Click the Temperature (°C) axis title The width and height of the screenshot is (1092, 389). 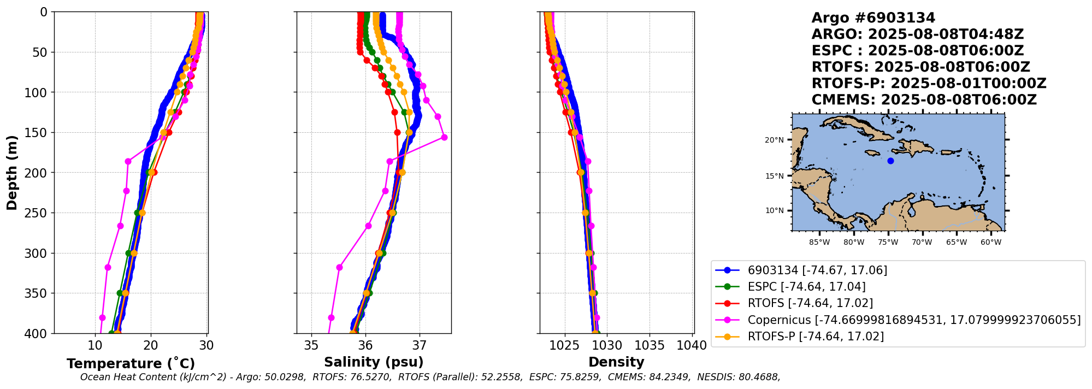point(131,364)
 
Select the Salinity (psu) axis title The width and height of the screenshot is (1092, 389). point(374,362)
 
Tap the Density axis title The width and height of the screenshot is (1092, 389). point(616,362)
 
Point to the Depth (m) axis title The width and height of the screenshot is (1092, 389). point(11,173)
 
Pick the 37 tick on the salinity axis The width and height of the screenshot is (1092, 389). point(420,345)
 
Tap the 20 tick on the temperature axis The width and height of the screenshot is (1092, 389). point(151,345)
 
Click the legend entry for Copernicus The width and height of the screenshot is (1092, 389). point(914,320)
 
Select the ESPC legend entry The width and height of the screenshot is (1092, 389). point(806,287)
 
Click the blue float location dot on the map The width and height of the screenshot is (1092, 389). point(890,161)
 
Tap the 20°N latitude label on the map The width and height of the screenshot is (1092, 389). point(774,140)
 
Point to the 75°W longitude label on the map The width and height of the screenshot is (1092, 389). point(888,242)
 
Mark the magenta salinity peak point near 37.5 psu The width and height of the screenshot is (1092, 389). point(444,137)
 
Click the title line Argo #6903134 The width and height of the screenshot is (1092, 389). point(873,18)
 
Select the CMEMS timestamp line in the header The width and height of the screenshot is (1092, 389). point(924,100)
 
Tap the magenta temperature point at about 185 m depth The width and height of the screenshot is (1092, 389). point(128,161)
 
